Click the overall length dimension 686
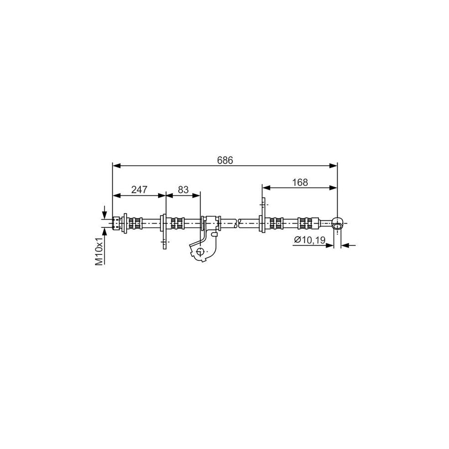coord(225,160)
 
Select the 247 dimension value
coord(139,190)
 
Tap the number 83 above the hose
coord(183,190)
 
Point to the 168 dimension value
coord(300,183)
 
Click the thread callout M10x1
coord(99,251)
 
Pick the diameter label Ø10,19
coord(309,239)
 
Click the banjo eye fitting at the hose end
coord(337,223)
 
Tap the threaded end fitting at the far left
coord(116,223)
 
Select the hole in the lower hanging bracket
coord(200,252)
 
